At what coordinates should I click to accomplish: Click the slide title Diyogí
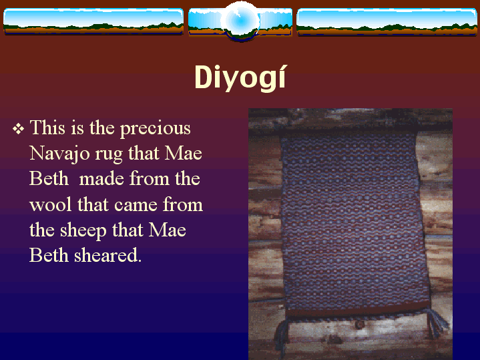(x=240, y=77)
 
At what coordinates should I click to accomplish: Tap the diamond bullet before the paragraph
(x=19, y=129)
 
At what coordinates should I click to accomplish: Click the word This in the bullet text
(x=47, y=128)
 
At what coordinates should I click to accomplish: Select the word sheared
(x=107, y=256)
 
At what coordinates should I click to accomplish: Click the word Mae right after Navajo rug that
(x=184, y=154)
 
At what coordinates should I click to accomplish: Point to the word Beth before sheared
(x=49, y=255)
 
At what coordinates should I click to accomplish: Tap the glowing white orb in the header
(x=240, y=21)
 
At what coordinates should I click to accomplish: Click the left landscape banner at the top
(x=93, y=21)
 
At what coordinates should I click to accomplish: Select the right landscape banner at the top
(x=387, y=21)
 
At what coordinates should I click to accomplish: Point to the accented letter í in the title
(x=282, y=77)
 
